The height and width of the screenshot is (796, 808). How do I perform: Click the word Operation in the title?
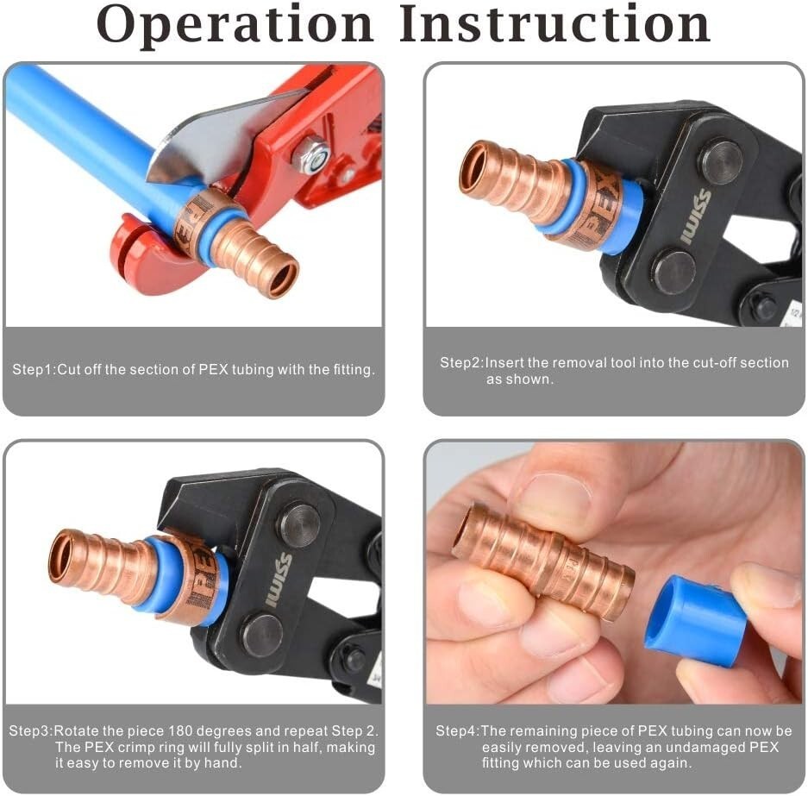tap(235, 26)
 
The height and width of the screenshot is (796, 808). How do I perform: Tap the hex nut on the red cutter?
tap(311, 154)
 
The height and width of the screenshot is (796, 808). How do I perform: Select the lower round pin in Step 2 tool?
tap(673, 272)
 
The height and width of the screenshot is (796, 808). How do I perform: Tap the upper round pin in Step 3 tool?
tap(298, 525)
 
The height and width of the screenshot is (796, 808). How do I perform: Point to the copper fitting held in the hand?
tap(543, 561)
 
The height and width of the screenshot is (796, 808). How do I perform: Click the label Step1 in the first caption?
tap(33, 370)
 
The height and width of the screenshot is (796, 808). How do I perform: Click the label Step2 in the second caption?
tap(460, 363)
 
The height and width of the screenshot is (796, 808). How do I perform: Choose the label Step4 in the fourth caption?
tap(456, 731)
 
